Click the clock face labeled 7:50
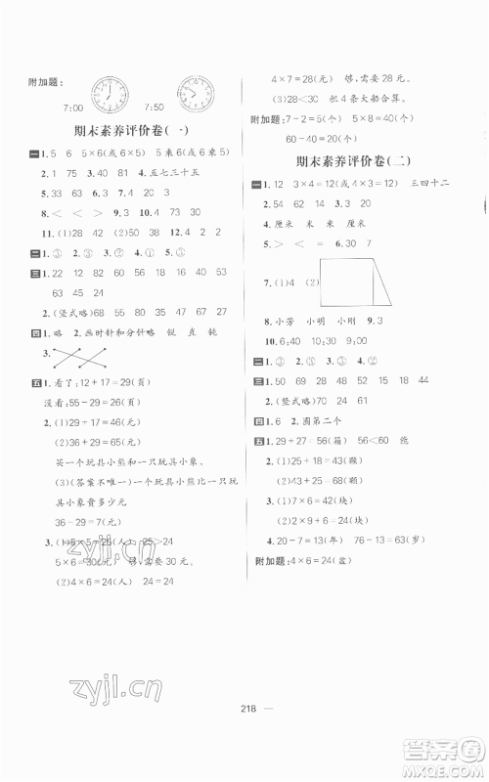point(195,94)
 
